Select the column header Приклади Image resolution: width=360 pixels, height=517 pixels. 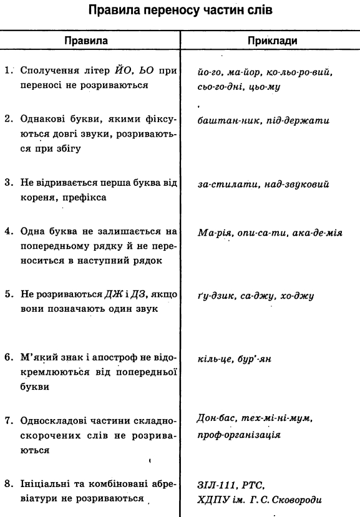(x=272, y=41)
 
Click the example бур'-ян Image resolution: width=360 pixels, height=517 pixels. (x=257, y=360)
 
